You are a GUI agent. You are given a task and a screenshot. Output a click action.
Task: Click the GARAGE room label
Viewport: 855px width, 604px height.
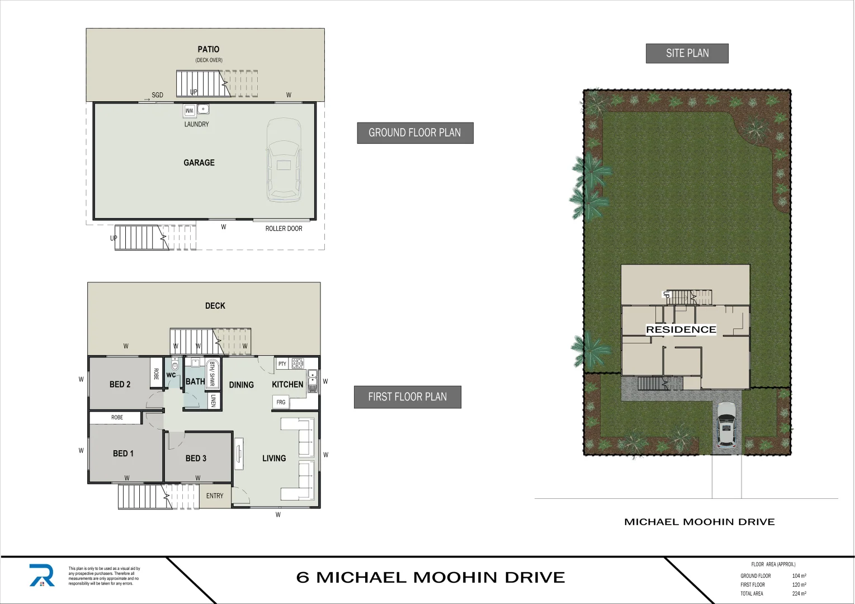click(199, 163)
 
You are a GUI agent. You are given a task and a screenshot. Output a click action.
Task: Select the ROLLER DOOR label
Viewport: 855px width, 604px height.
click(284, 229)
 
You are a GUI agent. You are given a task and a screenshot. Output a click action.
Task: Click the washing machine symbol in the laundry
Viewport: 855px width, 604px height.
click(190, 111)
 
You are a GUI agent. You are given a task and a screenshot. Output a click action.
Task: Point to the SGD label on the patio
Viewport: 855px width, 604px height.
click(157, 95)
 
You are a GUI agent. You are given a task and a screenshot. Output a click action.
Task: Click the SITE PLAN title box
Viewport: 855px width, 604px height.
click(687, 54)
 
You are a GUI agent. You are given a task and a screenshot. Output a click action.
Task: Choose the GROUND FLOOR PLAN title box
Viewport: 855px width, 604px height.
click(415, 133)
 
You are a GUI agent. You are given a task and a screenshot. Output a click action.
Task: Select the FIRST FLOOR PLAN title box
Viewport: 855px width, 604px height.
click(407, 397)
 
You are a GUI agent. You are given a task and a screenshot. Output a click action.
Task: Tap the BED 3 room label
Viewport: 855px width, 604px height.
click(196, 458)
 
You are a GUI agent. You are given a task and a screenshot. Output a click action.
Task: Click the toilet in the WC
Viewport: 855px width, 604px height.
click(174, 365)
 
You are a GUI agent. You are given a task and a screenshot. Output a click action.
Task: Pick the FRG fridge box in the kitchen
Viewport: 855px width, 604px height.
click(281, 402)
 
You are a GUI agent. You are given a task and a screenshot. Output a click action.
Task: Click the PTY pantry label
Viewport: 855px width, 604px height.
click(282, 364)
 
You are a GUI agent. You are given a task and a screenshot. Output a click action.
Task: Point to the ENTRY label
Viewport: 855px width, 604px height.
click(215, 496)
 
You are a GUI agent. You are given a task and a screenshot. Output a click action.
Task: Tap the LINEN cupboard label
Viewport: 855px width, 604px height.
click(213, 400)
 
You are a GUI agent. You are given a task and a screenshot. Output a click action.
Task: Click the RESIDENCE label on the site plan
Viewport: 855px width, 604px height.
click(681, 330)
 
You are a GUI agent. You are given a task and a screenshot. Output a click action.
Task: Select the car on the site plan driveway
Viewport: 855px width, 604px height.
click(726, 424)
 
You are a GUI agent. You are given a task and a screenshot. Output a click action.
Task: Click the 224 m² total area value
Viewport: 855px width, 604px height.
click(799, 594)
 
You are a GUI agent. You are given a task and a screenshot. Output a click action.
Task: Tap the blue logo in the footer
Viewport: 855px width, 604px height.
click(42, 575)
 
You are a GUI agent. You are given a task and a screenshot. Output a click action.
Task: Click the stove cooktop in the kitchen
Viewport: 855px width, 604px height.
click(297, 364)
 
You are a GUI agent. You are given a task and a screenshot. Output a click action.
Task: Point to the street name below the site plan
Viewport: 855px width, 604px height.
click(699, 522)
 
